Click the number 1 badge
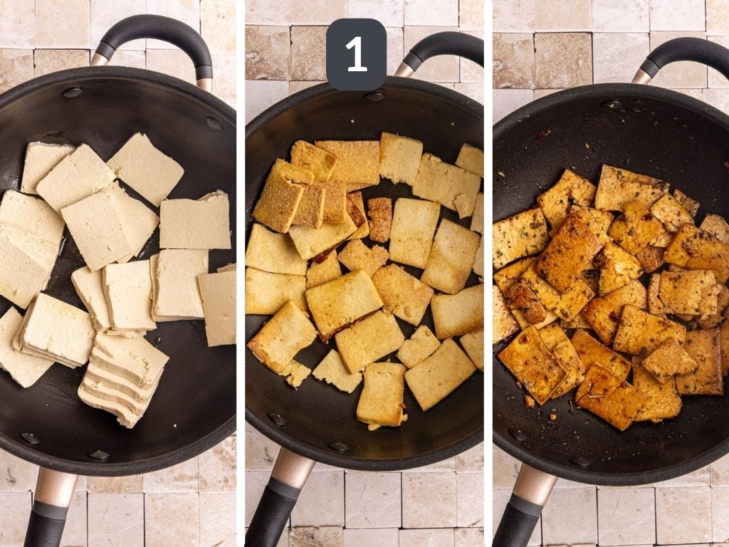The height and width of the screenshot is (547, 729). tap(356, 54)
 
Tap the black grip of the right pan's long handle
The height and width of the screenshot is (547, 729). tap(517, 523)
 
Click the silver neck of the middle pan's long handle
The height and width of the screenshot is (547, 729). tap(293, 467)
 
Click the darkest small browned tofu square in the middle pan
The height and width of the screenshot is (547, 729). tap(379, 219)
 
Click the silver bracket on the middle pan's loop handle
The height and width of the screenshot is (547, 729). tap(404, 69)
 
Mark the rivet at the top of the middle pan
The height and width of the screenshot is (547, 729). tap(374, 96)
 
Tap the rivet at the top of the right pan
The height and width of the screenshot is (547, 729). tap(611, 104)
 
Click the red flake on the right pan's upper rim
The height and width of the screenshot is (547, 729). tap(545, 134)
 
